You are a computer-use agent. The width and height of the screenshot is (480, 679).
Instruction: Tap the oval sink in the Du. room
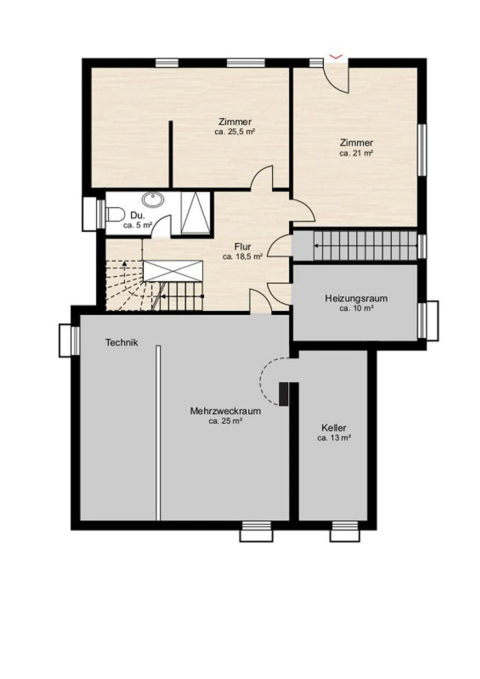pyautogui.click(x=153, y=200)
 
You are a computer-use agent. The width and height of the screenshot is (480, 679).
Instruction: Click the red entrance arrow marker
pyautogui.click(x=336, y=57)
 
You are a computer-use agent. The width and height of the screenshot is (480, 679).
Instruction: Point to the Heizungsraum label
pyautogui.click(x=356, y=298)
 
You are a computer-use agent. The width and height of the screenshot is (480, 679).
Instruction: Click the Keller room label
pyautogui.click(x=334, y=428)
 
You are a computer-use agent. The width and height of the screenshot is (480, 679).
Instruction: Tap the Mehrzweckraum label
pyautogui.click(x=225, y=411)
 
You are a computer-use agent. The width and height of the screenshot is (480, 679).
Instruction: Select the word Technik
pyautogui.click(x=122, y=342)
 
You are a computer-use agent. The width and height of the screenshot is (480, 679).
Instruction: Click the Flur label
pyautogui.click(x=242, y=247)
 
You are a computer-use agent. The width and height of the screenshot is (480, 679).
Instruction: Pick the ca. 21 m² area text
pyautogui.click(x=356, y=153)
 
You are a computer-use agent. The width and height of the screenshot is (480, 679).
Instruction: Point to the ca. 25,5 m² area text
pyautogui.click(x=235, y=132)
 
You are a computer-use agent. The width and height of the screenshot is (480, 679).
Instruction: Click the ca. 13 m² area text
pyautogui.click(x=334, y=438)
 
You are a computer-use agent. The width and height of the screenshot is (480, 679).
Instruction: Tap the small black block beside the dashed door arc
pyautogui.click(x=283, y=394)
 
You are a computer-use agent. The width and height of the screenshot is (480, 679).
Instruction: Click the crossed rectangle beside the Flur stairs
pyautogui.click(x=173, y=271)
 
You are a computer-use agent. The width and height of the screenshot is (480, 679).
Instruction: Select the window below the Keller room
pyautogui.click(x=345, y=531)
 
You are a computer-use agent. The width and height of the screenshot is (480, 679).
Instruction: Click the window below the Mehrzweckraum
pyautogui.click(x=256, y=531)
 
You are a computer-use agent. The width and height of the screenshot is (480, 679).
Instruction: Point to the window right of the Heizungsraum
pyautogui.click(x=428, y=321)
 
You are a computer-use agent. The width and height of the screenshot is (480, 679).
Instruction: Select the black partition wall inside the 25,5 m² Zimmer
pyautogui.click(x=171, y=154)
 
